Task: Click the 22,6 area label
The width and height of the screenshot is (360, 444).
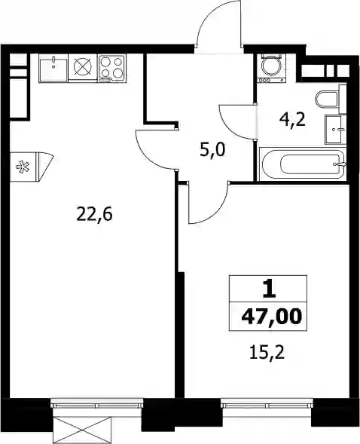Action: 94,214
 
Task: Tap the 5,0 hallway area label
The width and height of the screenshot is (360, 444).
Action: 212,150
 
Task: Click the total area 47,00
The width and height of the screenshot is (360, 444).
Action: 270,316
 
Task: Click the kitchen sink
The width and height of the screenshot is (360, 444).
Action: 53,69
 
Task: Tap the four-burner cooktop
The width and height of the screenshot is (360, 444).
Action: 111,68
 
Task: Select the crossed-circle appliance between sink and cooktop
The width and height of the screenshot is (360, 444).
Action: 83,68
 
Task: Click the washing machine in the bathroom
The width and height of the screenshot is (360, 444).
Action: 271,68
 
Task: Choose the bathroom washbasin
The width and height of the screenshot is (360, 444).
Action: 335,130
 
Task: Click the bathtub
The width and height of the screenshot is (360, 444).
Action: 303,164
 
